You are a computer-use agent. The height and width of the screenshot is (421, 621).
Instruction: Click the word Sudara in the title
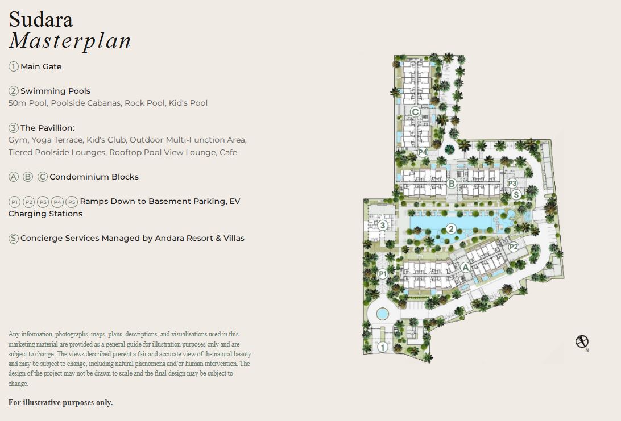click(x=40, y=20)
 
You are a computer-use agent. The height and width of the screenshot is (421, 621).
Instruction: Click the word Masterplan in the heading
click(x=70, y=41)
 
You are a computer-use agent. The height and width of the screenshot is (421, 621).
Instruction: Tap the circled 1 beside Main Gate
click(x=14, y=66)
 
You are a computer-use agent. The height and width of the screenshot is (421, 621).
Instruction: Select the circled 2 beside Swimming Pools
click(x=14, y=91)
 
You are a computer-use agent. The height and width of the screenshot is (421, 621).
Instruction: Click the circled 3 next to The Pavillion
click(x=14, y=128)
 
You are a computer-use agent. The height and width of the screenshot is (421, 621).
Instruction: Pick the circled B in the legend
click(x=28, y=177)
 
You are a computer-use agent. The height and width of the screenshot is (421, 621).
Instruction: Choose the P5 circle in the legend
click(x=71, y=202)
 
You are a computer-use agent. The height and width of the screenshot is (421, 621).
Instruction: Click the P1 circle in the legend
click(x=15, y=202)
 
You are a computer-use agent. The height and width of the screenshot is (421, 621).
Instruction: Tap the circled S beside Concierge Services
click(x=14, y=238)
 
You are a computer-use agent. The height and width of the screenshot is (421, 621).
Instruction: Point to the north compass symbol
click(x=582, y=341)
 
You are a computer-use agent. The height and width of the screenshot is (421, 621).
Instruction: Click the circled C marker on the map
click(x=415, y=112)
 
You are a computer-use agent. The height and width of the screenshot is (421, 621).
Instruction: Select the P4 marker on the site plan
click(x=423, y=152)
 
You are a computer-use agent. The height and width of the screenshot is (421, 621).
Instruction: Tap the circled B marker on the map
click(x=451, y=184)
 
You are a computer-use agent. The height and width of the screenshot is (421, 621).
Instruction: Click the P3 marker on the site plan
click(x=512, y=183)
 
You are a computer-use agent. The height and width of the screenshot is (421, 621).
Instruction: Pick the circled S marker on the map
click(x=516, y=194)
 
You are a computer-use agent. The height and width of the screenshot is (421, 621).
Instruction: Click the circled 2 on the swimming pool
click(x=451, y=229)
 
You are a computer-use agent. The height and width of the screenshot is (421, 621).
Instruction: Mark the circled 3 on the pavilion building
click(x=382, y=226)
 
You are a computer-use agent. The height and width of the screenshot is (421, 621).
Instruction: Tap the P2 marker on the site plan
click(x=514, y=247)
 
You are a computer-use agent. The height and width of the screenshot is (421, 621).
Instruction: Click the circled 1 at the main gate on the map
click(x=382, y=347)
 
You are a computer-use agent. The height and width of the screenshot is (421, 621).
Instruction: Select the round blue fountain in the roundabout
click(x=382, y=314)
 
